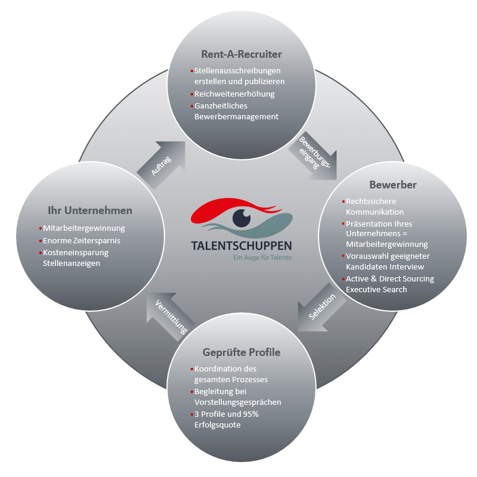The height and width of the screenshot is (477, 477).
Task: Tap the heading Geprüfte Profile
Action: [241, 352]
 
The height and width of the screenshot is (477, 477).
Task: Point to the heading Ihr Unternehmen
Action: [90, 210]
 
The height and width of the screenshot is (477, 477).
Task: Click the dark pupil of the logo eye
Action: [241, 217]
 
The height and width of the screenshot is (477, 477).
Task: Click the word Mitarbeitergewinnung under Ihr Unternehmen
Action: [84, 228]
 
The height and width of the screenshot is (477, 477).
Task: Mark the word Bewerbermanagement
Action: [236, 116]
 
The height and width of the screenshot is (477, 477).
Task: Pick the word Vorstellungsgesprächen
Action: [238, 402]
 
